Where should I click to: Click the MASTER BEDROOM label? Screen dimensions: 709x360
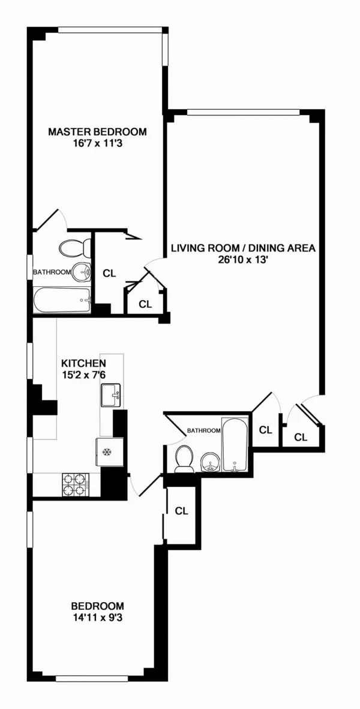pyautogui.click(x=97, y=132)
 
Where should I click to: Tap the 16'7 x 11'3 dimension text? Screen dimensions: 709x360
pyautogui.click(x=97, y=144)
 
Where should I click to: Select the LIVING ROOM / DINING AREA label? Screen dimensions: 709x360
pyautogui.click(x=243, y=248)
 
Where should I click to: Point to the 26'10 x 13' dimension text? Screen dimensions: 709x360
pyautogui.click(x=243, y=260)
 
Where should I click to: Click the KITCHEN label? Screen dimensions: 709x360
pyautogui.click(x=84, y=363)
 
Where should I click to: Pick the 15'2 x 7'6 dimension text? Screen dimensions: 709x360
pyautogui.click(x=84, y=375)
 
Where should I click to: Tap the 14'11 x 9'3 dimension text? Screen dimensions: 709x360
pyautogui.click(x=97, y=618)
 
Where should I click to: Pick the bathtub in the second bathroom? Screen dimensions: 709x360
pyautogui.click(x=233, y=445)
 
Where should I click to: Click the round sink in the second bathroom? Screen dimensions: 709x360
pyautogui.click(x=209, y=462)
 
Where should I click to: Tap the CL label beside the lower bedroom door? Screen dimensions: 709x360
pyautogui.click(x=181, y=511)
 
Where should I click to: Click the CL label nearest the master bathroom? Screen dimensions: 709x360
pyautogui.click(x=109, y=274)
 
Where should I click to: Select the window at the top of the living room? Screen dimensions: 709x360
pyautogui.click(x=243, y=111)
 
